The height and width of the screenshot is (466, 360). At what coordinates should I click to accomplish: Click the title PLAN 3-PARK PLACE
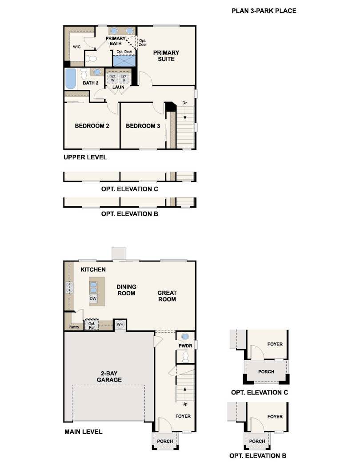click(x=264, y=11)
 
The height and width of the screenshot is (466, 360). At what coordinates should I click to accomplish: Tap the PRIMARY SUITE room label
click(x=166, y=56)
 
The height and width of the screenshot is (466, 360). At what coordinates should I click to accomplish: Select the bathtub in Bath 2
click(x=71, y=79)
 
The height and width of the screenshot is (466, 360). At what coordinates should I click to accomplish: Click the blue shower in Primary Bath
click(x=124, y=60)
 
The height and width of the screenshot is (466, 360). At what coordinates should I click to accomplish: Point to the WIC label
click(x=76, y=47)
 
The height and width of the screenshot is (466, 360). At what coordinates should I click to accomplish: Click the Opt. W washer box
click(x=112, y=78)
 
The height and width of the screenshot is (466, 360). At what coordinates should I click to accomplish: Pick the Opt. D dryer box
click(x=124, y=78)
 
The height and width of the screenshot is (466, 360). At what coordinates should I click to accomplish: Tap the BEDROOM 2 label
click(x=92, y=126)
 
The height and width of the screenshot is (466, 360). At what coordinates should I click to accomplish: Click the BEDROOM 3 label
click(x=143, y=126)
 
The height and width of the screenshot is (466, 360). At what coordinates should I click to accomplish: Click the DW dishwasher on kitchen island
click(x=93, y=298)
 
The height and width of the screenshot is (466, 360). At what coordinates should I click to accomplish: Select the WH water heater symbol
click(x=120, y=324)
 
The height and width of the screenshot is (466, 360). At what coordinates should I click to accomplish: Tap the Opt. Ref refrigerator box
click(x=92, y=325)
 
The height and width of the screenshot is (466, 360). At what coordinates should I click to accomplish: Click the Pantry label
click(x=74, y=327)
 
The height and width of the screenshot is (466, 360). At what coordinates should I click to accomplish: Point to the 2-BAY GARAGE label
click(x=109, y=377)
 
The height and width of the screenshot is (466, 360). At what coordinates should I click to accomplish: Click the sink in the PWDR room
click(x=185, y=337)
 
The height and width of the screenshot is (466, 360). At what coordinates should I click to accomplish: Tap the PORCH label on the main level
click(x=165, y=442)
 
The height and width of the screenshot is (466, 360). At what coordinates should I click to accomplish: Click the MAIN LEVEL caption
click(x=84, y=432)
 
